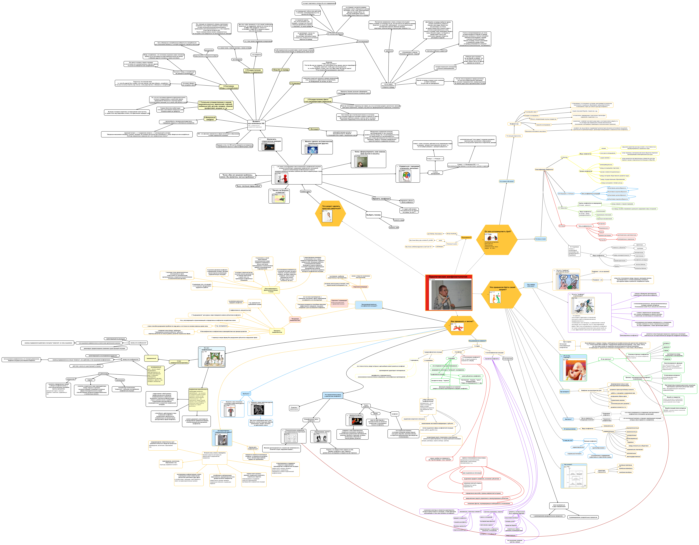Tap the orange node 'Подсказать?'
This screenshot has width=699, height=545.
click(x=466, y=237)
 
